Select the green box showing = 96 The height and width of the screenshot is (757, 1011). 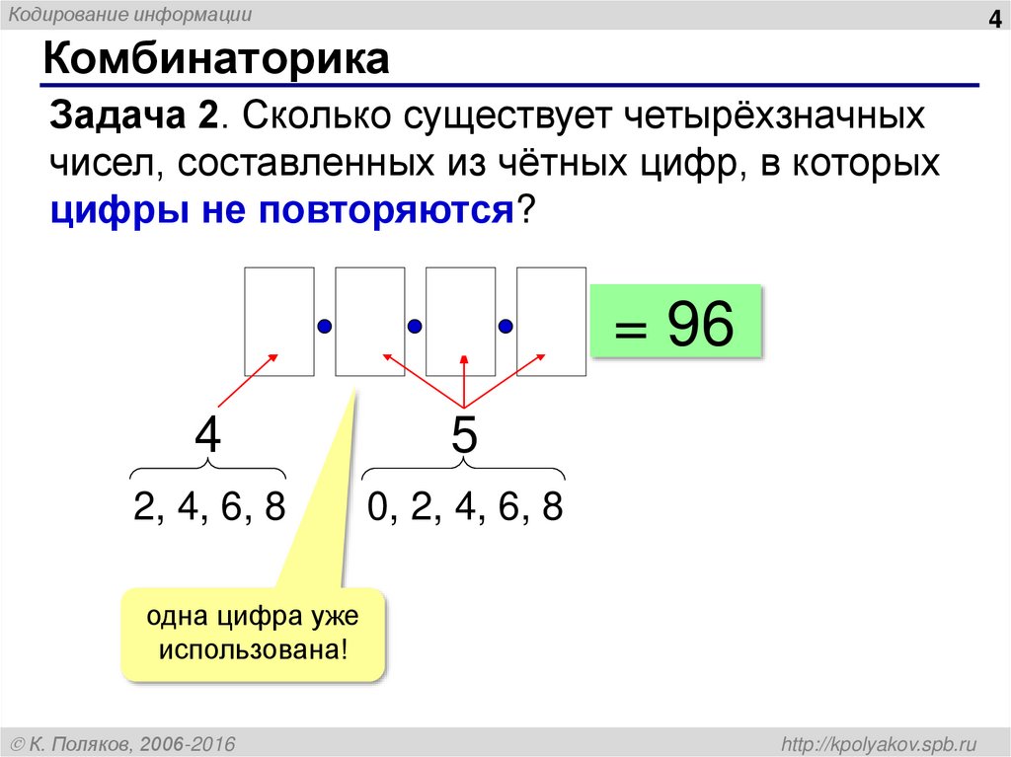pos(676,322)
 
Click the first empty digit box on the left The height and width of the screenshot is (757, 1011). pos(279,322)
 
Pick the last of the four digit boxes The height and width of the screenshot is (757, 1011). pos(551,322)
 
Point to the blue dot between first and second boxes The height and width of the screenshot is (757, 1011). pos(324,326)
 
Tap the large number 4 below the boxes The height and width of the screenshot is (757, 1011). pos(207,436)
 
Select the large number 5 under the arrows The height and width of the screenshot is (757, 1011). pos(464,436)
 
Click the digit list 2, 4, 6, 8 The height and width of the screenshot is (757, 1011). pos(209,507)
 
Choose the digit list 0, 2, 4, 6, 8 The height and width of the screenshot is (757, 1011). pos(464,507)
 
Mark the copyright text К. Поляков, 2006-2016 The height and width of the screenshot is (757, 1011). pos(122,742)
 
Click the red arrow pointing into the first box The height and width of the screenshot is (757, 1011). pos(247,381)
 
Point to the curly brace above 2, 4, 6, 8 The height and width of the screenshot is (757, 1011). pos(208,472)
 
